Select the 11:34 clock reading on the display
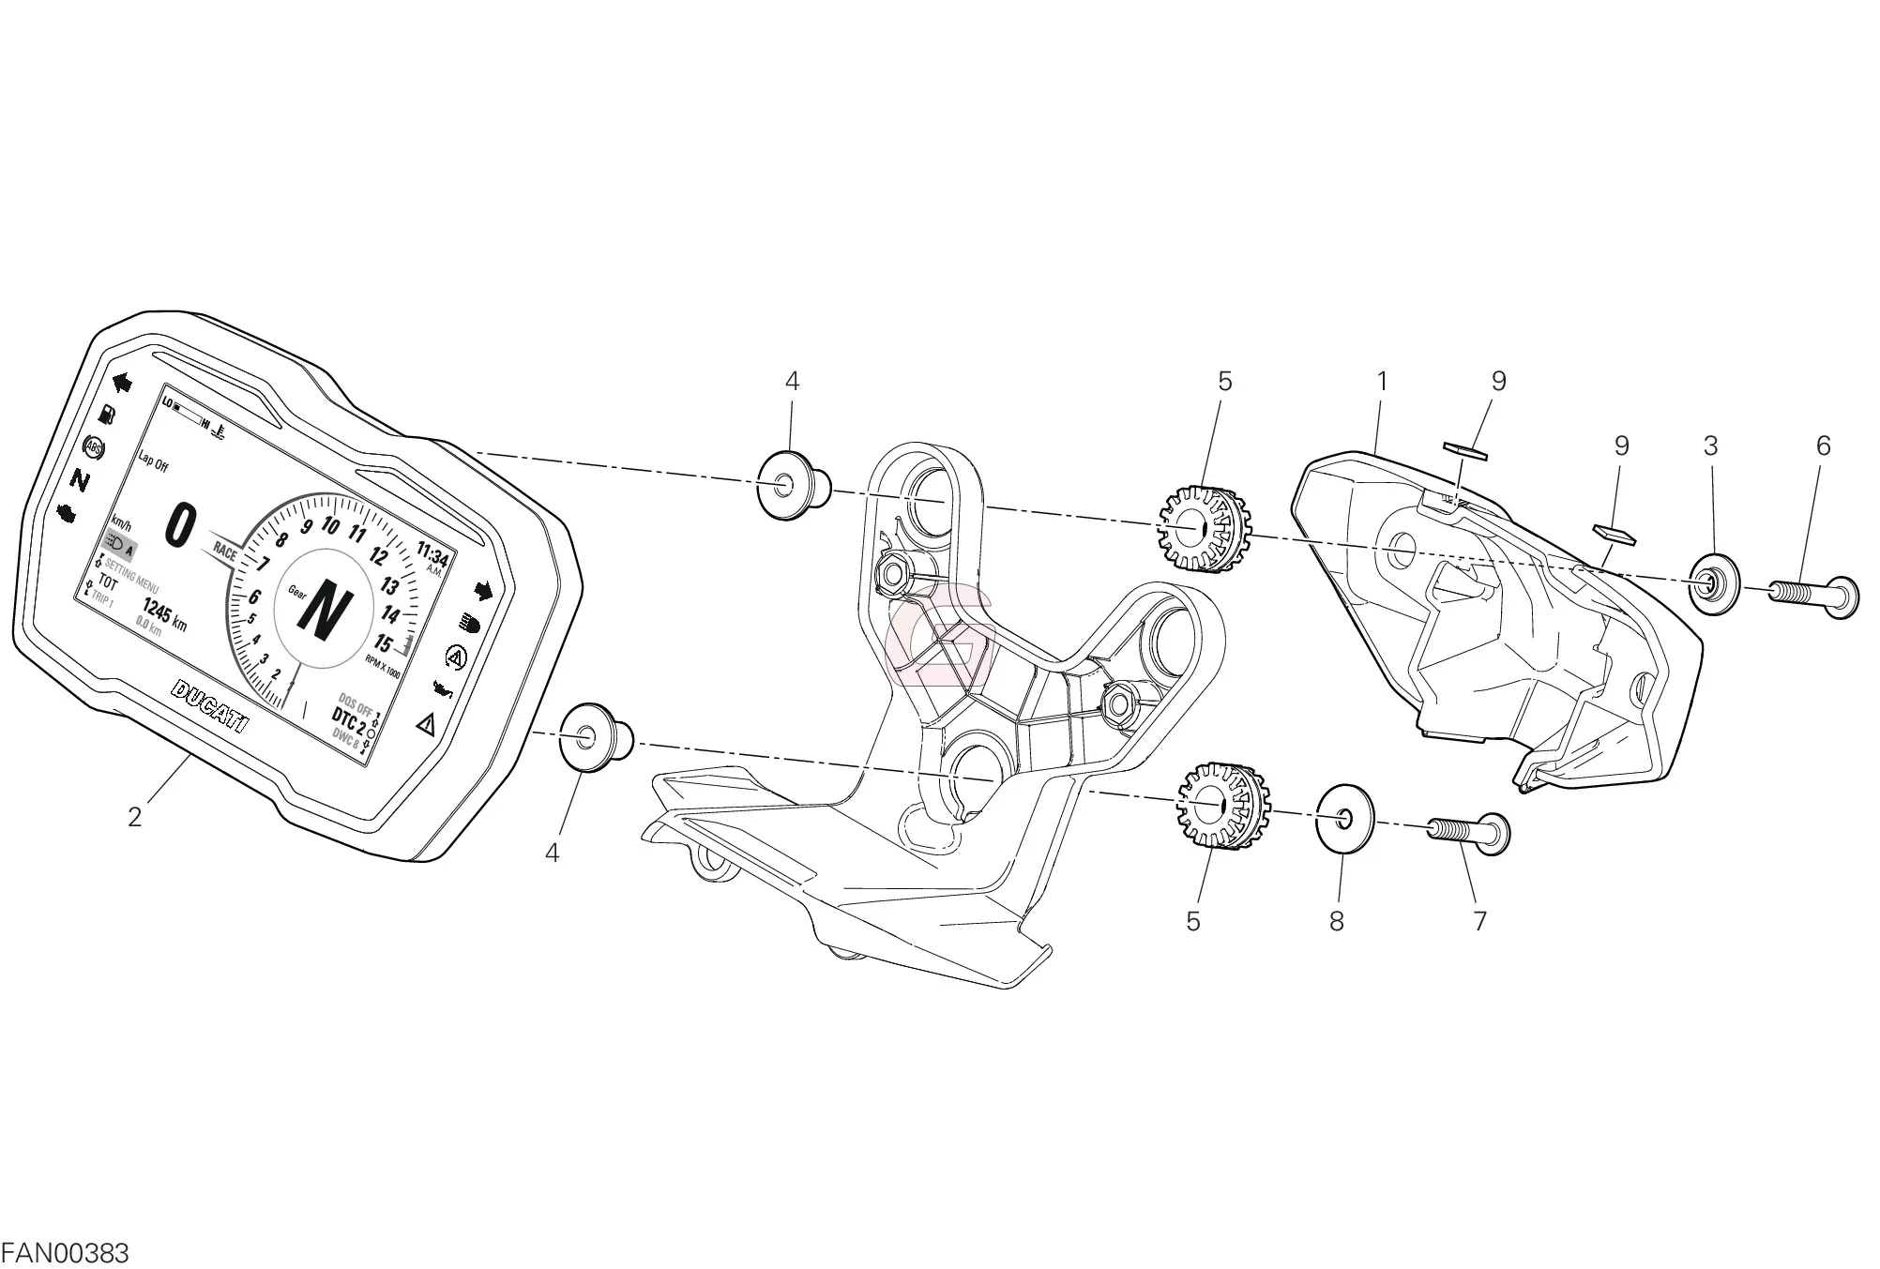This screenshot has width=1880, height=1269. point(432,555)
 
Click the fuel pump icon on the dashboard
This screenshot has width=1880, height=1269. point(107,414)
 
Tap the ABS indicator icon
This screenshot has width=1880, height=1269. point(94,448)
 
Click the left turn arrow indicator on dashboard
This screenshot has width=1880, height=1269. point(121,382)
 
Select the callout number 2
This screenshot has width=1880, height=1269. point(135,818)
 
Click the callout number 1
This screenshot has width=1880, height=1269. point(1381,382)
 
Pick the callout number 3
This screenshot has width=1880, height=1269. point(1710,446)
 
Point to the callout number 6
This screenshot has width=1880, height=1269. point(1823,446)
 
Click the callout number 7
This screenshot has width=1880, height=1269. point(1479,921)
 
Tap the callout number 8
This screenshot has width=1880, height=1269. point(1337,921)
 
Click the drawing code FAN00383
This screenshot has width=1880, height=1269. point(65,1253)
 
